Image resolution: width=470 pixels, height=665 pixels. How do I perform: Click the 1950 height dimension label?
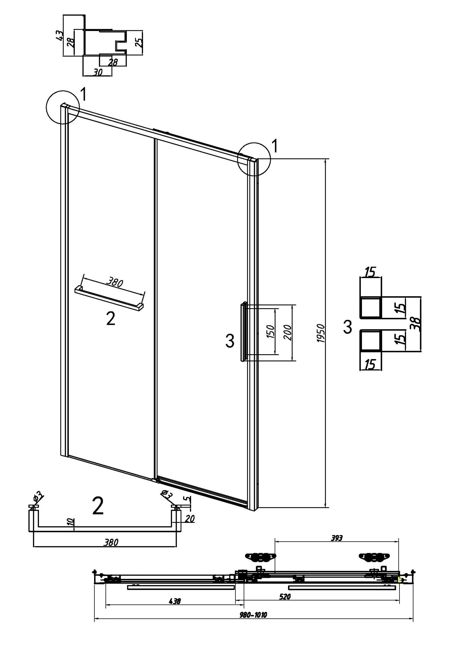click(x=320, y=333)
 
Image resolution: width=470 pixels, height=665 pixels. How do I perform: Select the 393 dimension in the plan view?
click(x=337, y=538)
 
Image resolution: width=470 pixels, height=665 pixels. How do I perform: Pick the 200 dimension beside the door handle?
click(x=288, y=332)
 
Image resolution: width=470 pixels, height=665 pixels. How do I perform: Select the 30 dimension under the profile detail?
click(x=98, y=72)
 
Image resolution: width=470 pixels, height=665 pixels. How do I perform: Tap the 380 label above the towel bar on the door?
click(x=115, y=282)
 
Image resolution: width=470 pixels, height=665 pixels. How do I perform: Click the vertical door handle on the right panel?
click(x=244, y=331)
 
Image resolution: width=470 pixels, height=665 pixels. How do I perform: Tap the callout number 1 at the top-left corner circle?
click(x=83, y=95)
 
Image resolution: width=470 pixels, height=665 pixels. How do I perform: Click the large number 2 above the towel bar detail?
click(x=98, y=506)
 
